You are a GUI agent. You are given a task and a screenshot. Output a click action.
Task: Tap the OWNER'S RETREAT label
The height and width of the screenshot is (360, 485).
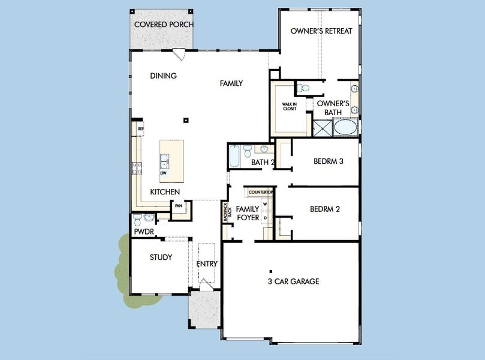(321, 31)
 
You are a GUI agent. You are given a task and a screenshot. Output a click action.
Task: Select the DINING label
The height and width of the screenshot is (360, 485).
(163, 76)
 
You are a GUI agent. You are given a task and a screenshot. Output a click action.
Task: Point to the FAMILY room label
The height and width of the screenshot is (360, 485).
(231, 83)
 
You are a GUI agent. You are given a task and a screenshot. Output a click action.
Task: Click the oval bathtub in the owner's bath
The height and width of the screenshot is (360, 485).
(344, 128)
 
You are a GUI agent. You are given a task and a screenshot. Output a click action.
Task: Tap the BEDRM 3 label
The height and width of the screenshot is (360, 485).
(328, 161)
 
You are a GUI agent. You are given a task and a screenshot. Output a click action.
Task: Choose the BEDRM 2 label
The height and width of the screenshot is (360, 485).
(325, 209)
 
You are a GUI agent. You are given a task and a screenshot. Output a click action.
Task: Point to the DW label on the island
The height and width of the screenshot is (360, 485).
(163, 173)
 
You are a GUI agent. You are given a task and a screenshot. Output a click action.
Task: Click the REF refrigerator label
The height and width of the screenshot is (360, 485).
(140, 128)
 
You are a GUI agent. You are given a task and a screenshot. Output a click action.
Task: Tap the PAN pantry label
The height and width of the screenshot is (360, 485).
(178, 206)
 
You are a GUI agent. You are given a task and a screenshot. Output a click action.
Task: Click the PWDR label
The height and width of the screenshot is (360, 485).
(144, 231)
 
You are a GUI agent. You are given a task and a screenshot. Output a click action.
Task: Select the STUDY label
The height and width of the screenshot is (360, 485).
(160, 257)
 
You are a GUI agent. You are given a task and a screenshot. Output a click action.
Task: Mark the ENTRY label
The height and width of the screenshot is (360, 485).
(207, 263)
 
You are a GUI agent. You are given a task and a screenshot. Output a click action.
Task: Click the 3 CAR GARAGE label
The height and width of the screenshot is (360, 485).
(293, 281)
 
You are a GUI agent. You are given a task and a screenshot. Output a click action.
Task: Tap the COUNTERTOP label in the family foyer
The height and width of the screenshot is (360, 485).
(261, 193)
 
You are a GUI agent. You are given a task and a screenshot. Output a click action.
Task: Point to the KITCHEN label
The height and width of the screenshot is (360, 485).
(165, 192)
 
